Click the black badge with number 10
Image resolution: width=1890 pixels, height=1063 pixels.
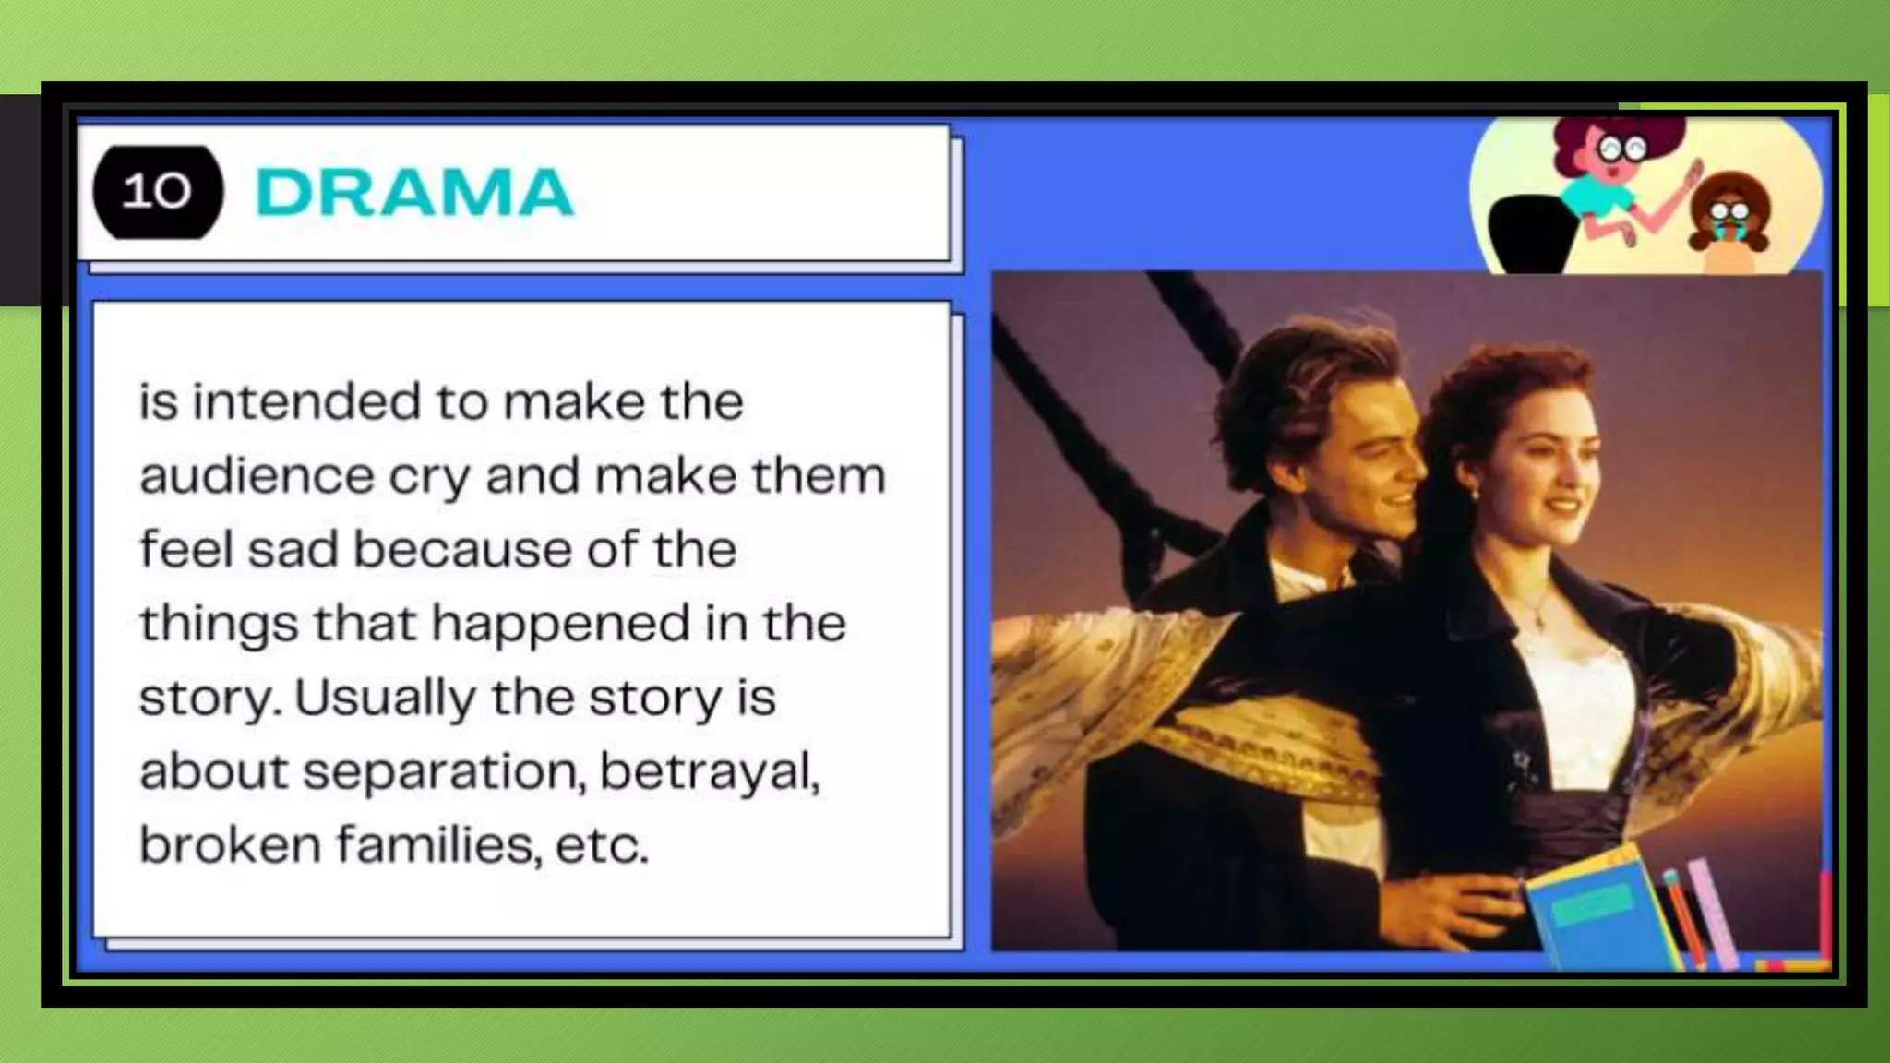click(x=158, y=192)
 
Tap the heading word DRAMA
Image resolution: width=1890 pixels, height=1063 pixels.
click(x=413, y=193)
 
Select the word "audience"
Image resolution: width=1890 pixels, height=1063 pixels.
click(x=257, y=476)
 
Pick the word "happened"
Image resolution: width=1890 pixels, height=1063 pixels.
click(x=561, y=624)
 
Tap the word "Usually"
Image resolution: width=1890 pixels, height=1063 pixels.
click(x=385, y=698)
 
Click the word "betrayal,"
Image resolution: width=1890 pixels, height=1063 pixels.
click(x=710, y=771)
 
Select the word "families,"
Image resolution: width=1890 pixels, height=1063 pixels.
click(x=438, y=844)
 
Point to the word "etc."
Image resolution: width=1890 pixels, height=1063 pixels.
click(x=603, y=845)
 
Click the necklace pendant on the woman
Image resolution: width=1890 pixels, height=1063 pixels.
click(x=1538, y=622)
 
